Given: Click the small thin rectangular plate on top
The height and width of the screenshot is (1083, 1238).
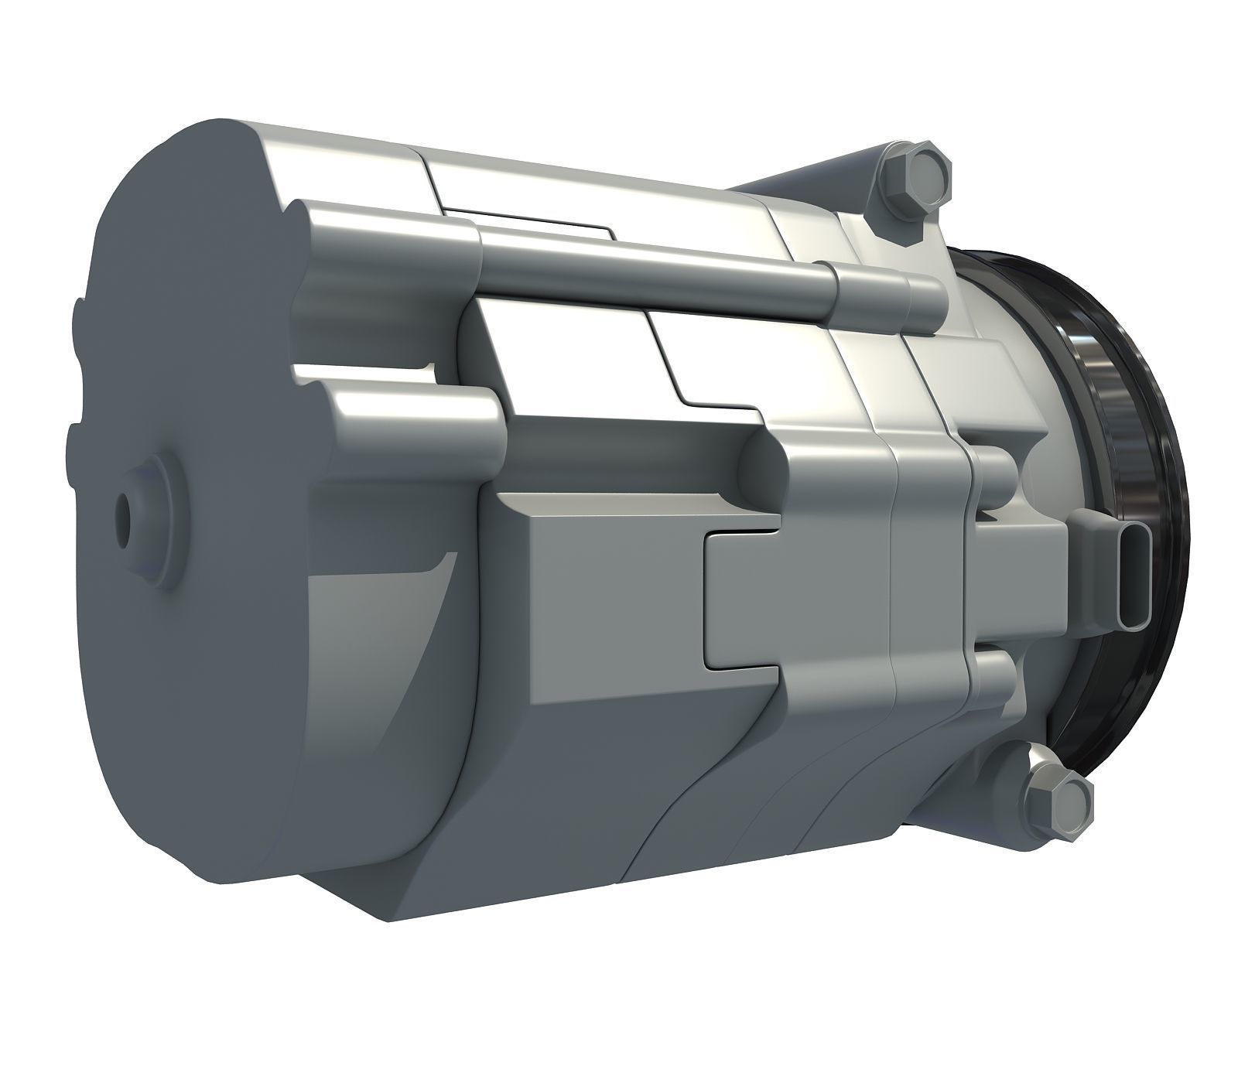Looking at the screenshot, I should point(534,219).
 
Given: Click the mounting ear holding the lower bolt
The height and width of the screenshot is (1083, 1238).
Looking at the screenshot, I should point(1014,774).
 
